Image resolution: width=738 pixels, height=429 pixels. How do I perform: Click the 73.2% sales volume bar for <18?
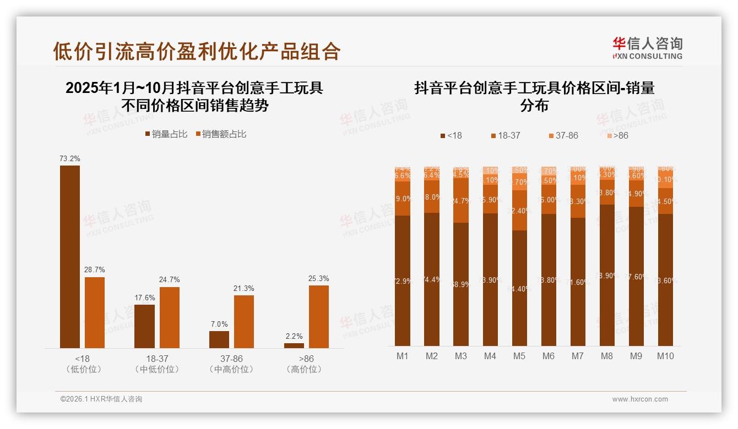tap(70, 256)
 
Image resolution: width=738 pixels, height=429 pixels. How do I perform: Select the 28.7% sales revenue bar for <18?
tap(95, 312)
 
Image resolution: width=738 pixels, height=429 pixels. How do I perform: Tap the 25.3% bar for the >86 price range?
tap(318, 316)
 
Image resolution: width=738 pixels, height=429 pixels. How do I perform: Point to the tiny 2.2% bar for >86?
tap(294, 345)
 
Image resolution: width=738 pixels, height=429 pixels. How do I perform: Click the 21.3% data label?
tap(244, 289)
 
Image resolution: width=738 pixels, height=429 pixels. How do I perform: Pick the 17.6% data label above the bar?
tap(145, 298)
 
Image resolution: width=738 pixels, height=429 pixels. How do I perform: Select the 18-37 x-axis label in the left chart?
tap(157, 359)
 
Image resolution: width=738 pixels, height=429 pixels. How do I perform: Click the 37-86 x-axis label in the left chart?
tap(231, 359)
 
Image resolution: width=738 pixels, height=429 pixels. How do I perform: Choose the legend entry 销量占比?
tap(166, 134)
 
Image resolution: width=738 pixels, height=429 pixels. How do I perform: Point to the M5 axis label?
tap(519, 356)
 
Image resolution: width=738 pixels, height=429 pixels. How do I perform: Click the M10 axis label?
tap(665, 356)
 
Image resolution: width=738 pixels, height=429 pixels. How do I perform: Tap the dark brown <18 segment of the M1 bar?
tap(403, 280)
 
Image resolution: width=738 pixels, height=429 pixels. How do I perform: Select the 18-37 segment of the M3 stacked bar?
tap(461, 201)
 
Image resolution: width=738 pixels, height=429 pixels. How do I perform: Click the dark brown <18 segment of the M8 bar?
tap(607, 275)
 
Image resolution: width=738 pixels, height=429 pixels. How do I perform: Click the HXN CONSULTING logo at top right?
tap(647, 48)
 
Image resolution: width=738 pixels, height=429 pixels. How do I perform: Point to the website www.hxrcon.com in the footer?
tap(640, 399)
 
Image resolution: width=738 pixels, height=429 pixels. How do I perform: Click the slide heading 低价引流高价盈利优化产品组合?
tap(197, 51)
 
